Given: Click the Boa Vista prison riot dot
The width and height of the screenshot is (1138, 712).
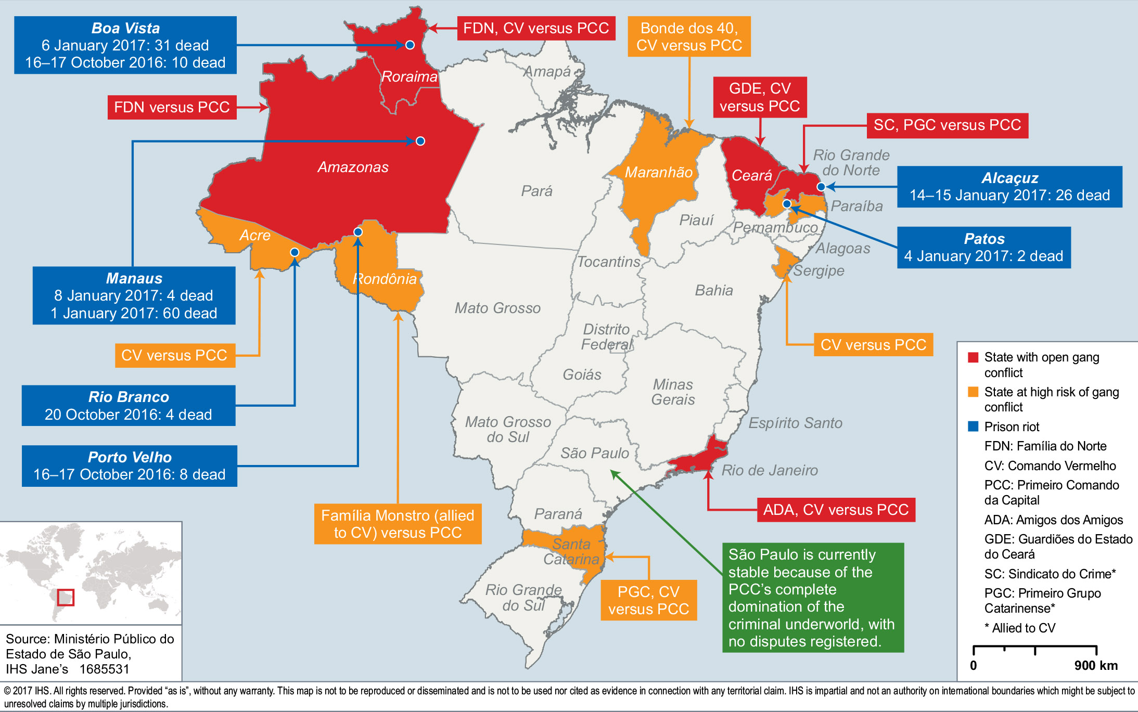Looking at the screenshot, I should point(410,45).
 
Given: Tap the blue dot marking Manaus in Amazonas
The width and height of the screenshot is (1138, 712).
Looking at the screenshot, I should point(420,141).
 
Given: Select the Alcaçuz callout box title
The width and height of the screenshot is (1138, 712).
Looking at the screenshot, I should point(1009,178).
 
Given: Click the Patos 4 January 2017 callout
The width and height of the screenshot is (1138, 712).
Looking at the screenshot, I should point(983,248).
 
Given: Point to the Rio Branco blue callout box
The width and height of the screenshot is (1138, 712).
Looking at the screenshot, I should point(129,406).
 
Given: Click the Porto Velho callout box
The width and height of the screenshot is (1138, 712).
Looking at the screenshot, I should point(129,466).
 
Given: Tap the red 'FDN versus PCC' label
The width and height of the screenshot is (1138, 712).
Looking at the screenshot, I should point(172,107).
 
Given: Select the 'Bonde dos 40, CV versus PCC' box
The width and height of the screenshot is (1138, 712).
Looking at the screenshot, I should point(689,36).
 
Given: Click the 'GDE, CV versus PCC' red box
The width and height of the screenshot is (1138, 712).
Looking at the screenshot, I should point(760,97).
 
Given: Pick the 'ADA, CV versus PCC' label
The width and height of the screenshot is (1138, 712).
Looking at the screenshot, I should point(836,510).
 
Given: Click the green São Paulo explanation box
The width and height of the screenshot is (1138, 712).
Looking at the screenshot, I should point(813,598).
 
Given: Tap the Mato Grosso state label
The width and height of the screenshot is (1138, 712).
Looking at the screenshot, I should point(497,308).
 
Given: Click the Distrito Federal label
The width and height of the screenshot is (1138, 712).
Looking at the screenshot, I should point(606,336).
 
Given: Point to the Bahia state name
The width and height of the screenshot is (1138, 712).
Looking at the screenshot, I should point(714,290).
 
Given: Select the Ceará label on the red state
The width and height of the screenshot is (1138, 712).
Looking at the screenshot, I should point(751,175).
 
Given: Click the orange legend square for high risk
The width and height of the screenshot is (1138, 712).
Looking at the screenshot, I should point(973,392).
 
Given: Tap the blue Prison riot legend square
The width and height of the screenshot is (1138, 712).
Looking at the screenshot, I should point(973,426).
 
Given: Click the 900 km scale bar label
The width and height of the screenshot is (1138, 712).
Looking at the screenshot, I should point(1096,665).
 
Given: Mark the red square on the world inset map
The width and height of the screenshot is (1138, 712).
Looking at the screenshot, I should point(66,597).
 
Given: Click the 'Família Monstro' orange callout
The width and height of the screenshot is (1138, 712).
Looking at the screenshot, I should point(398,524).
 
